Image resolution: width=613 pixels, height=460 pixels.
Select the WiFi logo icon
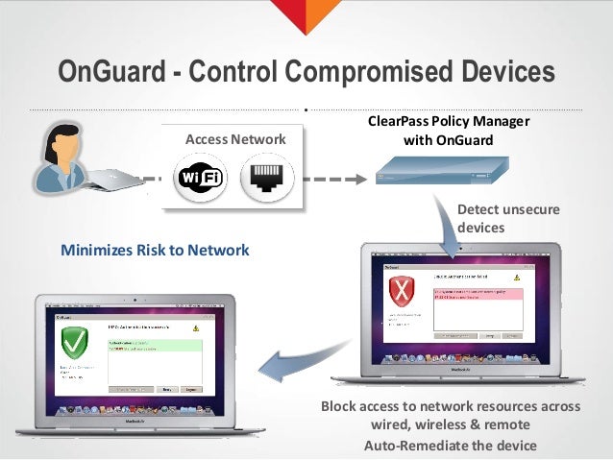[x=199, y=180]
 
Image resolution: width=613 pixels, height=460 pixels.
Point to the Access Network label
[x=230, y=140]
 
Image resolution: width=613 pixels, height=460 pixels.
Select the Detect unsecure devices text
[x=494, y=218]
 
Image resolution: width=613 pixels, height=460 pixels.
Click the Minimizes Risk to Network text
[x=155, y=251]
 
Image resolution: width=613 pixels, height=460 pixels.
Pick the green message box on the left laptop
[x=154, y=346]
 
